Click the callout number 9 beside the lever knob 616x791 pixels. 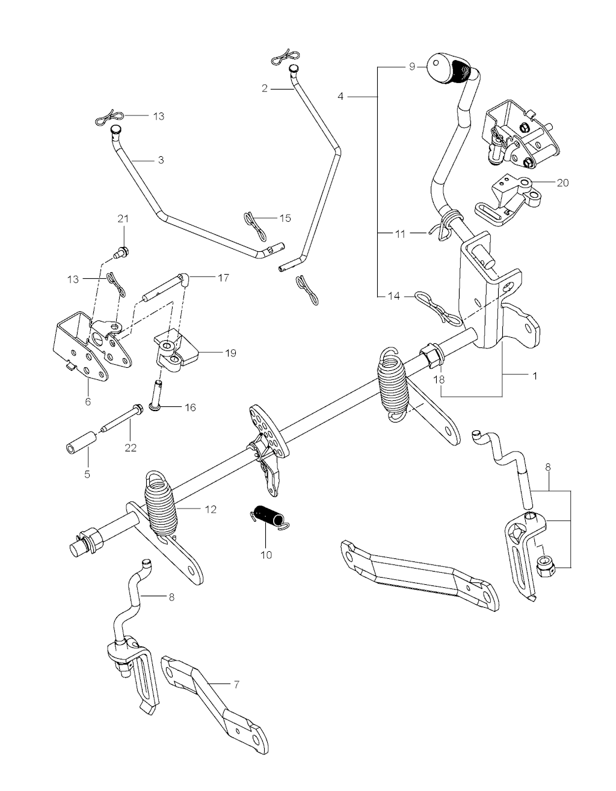tap(412, 66)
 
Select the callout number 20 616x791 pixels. tap(562, 183)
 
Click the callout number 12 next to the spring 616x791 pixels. tap(210, 510)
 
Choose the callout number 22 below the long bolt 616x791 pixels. tap(131, 447)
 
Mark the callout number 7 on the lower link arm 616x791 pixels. tap(236, 685)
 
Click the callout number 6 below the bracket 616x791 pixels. tap(88, 401)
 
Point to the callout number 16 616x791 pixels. tap(190, 408)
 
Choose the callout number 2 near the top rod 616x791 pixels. tap(264, 88)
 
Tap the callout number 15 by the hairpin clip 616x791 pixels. tap(285, 218)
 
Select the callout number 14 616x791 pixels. tap(393, 296)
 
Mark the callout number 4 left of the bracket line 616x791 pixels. tap(340, 96)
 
